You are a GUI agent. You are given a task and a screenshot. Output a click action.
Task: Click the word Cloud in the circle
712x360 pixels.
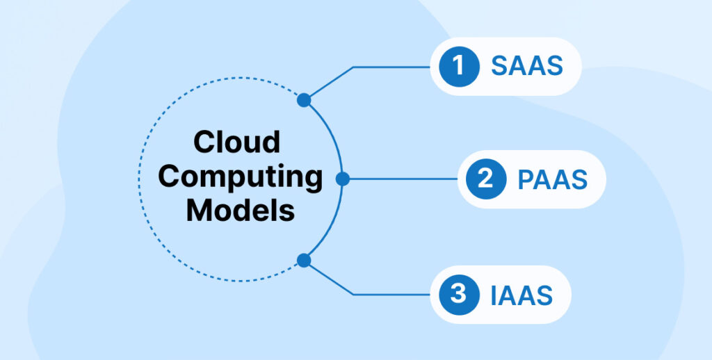click(x=236, y=142)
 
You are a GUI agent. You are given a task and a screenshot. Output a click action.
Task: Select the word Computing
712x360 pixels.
click(x=240, y=177)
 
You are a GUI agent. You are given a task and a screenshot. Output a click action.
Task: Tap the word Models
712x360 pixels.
click(x=240, y=210)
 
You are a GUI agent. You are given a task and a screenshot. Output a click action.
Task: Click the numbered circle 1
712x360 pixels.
click(x=458, y=67)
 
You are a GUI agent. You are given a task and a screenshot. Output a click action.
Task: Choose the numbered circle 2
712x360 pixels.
click(x=486, y=179)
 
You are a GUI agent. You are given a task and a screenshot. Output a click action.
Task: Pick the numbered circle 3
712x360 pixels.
click(x=458, y=294)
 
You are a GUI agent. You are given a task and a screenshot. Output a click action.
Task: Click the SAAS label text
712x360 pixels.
click(x=526, y=67)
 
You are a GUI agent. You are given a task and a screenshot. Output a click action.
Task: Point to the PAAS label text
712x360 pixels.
click(x=553, y=179)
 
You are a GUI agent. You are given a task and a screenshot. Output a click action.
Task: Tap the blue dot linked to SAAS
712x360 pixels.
click(x=303, y=100)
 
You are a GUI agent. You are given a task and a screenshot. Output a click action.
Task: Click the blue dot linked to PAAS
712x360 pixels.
click(x=342, y=179)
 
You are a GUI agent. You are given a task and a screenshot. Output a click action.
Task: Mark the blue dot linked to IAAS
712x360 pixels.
click(x=303, y=261)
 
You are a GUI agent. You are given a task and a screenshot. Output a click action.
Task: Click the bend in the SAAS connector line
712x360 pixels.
click(x=353, y=67)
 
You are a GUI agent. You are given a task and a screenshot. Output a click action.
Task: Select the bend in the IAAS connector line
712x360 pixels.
click(x=353, y=294)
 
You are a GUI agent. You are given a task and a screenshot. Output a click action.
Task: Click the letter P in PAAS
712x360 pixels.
click(x=526, y=179)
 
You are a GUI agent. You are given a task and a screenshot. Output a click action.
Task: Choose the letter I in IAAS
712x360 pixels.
click(x=494, y=295)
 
